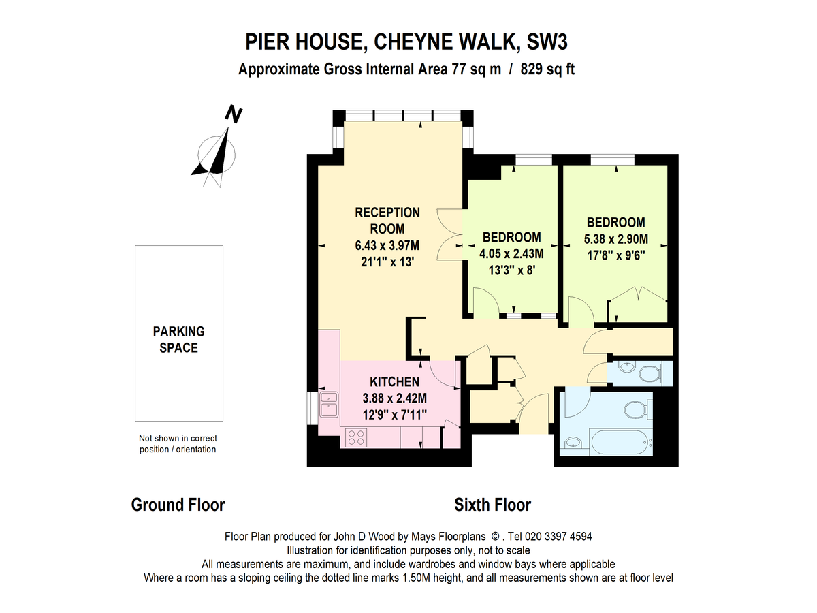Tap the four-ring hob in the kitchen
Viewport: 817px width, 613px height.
coord(355,437)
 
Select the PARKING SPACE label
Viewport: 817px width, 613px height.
coord(178,339)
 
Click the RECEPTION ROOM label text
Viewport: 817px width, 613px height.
coord(387,220)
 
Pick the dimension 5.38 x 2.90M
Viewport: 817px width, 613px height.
coord(615,239)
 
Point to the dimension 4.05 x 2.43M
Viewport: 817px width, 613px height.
coord(512,253)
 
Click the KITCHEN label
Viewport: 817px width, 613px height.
coord(394,381)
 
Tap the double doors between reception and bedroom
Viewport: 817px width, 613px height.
coord(449,234)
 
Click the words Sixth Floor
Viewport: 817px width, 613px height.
coord(492,505)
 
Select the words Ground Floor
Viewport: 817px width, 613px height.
coord(178,505)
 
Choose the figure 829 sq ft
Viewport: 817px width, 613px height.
coord(547,69)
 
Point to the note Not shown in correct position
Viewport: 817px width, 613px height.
coord(178,443)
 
